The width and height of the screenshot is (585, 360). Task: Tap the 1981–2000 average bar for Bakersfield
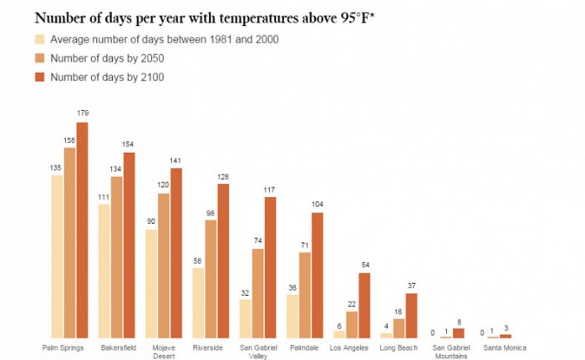pyautogui.click(x=104, y=271)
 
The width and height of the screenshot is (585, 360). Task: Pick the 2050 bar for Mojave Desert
pyautogui.click(x=164, y=266)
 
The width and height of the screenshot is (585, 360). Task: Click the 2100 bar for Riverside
pyautogui.click(x=223, y=261)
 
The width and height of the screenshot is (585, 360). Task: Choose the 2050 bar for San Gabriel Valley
pyautogui.click(x=257, y=293)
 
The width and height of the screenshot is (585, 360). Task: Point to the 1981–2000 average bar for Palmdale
pyautogui.click(x=292, y=316)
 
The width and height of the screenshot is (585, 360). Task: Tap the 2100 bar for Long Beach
pyautogui.click(x=411, y=315)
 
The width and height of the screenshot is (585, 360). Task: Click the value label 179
pyautogui.click(x=82, y=113)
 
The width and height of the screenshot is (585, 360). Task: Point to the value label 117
pyautogui.click(x=270, y=189)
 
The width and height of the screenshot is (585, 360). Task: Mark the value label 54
pyautogui.click(x=364, y=265)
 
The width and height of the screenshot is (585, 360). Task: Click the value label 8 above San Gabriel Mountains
pyautogui.click(x=458, y=321)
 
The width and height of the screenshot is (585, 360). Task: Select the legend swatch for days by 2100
pyautogui.click(x=39, y=78)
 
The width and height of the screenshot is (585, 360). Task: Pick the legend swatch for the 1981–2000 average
pyautogui.click(x=39, y=39)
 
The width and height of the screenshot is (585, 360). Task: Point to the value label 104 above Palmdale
pyautogui.click(x=317, y=205)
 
